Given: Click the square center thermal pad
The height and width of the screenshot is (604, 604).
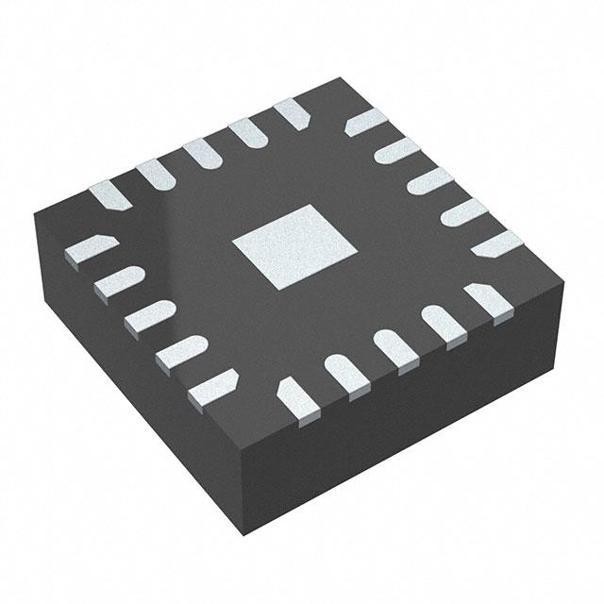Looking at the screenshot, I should coord(294,247).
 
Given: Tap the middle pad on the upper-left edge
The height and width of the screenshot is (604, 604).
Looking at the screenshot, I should coord(202,154).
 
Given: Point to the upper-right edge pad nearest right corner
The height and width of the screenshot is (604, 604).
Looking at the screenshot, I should coord(496,244).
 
